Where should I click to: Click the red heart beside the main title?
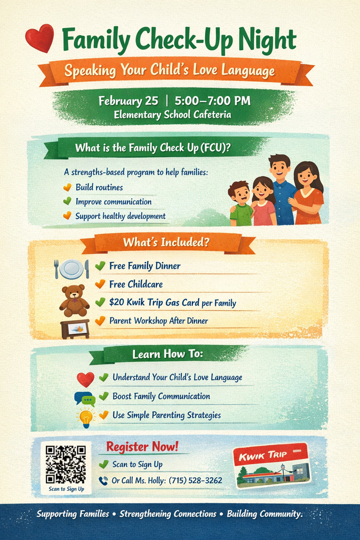[40, 38]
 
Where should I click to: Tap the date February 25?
[128, 101]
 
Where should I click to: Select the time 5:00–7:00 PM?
[212, 101]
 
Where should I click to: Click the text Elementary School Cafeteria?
[172, 114]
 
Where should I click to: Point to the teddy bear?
[74, 300]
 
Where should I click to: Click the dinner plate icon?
[71, 269]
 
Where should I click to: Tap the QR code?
[66, 464]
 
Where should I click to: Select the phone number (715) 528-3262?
[195, 480]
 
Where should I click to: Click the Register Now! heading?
[142, 447]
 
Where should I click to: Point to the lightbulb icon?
[85, 418]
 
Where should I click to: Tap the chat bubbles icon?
[84, 399]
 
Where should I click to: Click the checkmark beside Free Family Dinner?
[100, 266]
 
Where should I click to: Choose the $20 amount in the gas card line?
[116, 303]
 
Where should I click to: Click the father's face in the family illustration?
[279, 170]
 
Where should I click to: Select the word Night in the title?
[267, 39]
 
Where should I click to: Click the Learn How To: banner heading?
[167, 354]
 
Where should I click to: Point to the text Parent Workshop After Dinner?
[158, 321]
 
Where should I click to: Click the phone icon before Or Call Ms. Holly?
[103, 480]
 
